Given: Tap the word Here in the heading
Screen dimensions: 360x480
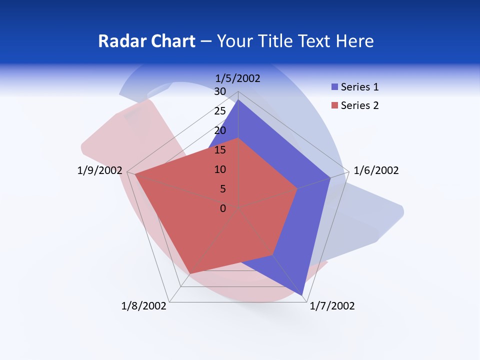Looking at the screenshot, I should (x=355, y=41).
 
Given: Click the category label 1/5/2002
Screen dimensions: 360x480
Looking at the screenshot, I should (x=238, y=78).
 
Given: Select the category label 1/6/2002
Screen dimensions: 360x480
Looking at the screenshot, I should (x=376, y=170).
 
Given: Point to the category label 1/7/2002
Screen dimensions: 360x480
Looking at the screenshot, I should (x=332, y=306).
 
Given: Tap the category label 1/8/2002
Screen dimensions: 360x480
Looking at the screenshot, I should (x=144, y=306).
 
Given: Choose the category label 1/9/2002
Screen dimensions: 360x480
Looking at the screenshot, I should (x=100, y=170).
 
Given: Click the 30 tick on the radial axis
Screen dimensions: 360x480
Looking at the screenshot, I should (x=220, y=91).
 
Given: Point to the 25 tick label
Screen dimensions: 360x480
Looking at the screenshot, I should (x=220, y=111).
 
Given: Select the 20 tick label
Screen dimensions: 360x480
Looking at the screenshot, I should (x=220, y=130).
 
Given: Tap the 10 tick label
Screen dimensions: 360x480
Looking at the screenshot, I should (x=220, y=169).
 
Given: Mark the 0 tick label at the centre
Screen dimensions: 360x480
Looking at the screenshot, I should (x=223, y=208).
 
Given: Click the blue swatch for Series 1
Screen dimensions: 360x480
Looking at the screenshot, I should (x=334, y=87).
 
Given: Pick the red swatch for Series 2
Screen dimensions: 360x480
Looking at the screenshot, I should (x=334, y=105).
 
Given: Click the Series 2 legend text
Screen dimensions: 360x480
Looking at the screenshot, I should (x=359, y=105).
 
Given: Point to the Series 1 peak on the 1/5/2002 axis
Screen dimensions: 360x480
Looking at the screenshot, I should (x=238, y=99).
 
